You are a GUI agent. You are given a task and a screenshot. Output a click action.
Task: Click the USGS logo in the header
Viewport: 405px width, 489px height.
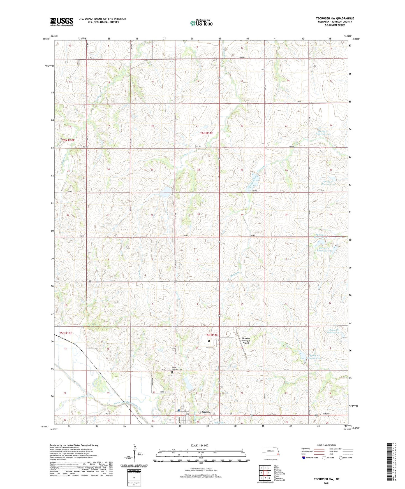(x=61, y=22)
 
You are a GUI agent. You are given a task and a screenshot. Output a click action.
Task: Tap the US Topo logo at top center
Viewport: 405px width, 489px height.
(x=201, y=23)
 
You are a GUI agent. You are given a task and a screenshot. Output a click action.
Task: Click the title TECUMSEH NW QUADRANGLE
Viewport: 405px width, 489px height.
(x=335, y=18)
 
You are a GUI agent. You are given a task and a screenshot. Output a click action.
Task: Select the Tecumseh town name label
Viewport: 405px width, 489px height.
(x=206, y=412)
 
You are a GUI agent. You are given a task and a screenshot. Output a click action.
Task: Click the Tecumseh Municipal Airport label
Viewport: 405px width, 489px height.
(x=246, y=340)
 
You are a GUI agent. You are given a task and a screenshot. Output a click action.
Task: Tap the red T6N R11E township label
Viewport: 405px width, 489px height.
(x=207, y=133)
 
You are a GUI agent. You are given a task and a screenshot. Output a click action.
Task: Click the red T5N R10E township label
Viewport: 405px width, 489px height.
(x=66, y=333)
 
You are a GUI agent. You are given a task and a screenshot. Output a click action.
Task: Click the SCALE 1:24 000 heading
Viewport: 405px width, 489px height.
(x=199, y=445)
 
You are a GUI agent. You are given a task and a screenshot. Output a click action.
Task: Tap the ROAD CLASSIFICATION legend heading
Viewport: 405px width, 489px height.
(x=327, y=445)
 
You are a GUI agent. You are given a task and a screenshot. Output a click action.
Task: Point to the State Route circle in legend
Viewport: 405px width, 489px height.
(x=341, y=458)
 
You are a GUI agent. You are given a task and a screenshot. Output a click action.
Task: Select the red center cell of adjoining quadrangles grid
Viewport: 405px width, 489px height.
(x=265, y=473)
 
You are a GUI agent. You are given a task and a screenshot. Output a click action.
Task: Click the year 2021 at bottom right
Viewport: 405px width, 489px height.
(x=327, y=483)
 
